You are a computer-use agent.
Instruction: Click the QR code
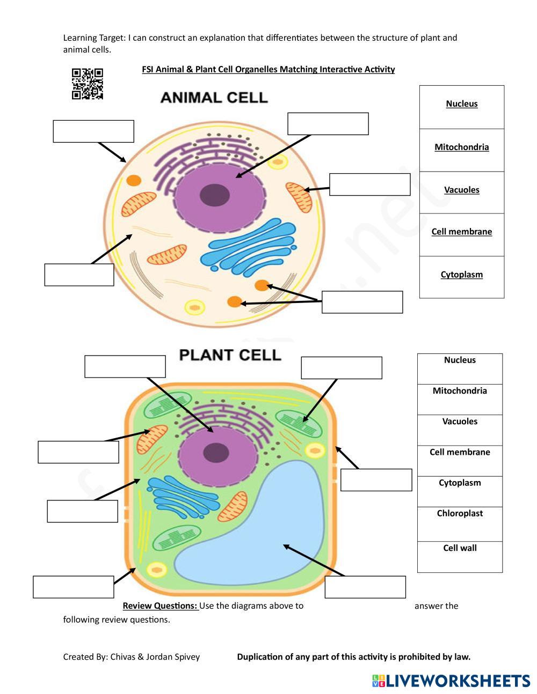87,84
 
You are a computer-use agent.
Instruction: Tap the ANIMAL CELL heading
214,98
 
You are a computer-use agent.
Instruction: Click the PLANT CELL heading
230,355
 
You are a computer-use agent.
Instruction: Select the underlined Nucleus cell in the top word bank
461,104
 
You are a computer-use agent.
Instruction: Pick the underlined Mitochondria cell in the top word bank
461,147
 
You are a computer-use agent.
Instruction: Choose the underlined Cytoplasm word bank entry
461,275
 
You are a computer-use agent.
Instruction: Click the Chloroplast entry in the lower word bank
460,514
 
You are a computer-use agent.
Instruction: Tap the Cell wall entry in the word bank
460,548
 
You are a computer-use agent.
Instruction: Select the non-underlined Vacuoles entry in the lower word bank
460,422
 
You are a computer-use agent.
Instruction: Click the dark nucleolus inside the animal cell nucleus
215,195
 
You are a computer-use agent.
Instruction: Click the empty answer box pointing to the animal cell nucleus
328,124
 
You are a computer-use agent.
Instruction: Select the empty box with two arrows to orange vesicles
362,302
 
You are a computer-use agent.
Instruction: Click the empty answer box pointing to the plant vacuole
365,587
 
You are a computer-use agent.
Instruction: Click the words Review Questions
160,606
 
